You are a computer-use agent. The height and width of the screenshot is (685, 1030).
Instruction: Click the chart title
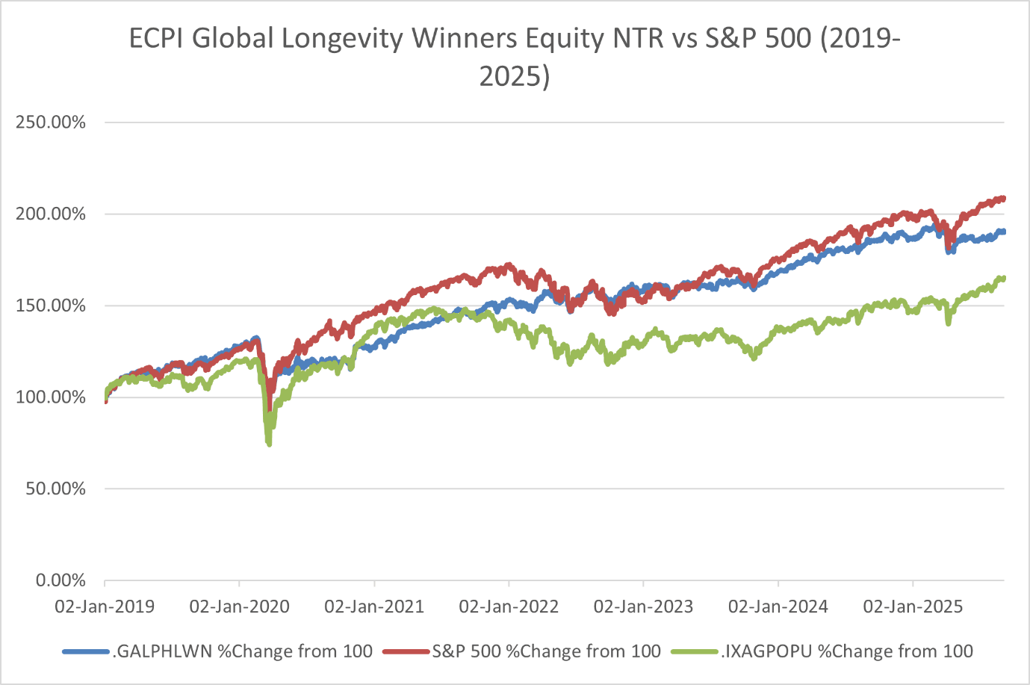515,57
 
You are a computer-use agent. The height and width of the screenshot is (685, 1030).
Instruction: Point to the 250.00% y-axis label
51,123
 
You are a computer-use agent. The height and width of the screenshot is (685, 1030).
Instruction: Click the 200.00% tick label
51,214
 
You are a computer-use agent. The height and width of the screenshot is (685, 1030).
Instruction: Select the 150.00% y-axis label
51,306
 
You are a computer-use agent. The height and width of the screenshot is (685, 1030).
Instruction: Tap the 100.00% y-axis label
51,397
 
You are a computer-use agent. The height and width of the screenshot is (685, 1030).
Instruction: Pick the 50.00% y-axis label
55,489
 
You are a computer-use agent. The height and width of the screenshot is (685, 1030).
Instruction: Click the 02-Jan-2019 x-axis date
105,607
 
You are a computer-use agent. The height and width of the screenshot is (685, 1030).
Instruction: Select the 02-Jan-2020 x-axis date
239,607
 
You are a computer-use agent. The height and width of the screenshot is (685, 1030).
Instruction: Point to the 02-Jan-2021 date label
374,607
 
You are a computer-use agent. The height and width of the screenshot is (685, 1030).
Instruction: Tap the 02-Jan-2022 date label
509,607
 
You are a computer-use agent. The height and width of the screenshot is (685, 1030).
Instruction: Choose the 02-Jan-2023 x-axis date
643,607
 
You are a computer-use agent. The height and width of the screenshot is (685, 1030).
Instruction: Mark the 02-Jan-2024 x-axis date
778,607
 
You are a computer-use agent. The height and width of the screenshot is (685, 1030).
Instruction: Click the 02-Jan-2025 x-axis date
913,607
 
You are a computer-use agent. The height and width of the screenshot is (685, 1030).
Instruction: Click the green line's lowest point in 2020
269,444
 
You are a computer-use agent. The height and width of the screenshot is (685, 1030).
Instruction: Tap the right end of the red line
1003,198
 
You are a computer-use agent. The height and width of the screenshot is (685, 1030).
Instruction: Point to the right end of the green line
1003,279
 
